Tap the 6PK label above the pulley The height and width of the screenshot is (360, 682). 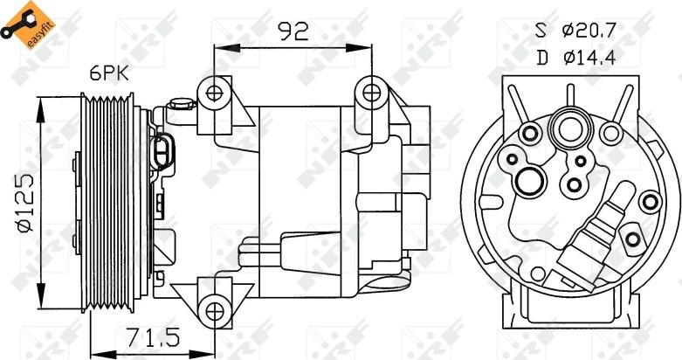[x=110, y=74]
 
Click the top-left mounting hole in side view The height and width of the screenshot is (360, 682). [x=211, y=91]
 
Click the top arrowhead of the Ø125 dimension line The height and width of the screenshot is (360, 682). [x=40, y=104]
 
